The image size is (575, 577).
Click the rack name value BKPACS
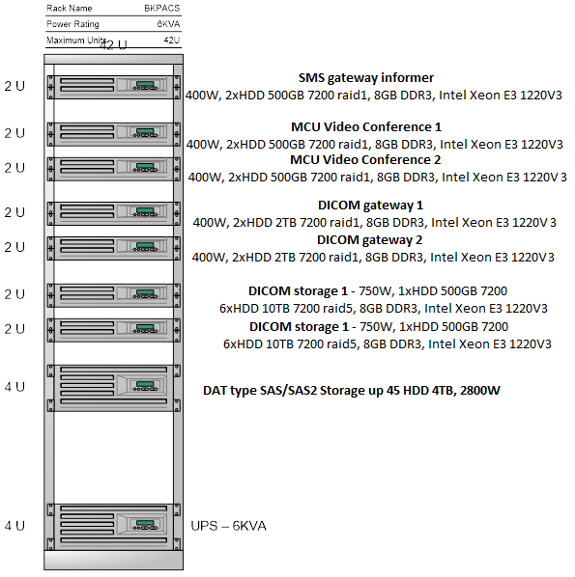pos(161,8)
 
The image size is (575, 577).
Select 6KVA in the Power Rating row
pos(168,24)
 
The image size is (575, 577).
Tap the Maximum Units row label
pos(76,40)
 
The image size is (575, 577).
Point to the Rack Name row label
pos(70,8)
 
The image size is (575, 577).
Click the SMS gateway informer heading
pos(366,78)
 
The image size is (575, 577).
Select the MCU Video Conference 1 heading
pos(366,127)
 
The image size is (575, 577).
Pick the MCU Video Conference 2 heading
pos(365,160)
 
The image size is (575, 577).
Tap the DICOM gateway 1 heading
pos(370,206)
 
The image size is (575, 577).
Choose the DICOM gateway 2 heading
pos(370,240)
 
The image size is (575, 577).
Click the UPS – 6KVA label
pos(228,526)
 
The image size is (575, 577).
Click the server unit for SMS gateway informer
pos(113,87)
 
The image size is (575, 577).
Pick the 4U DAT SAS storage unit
pos(113,388)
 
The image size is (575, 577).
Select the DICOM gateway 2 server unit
pos(113,248)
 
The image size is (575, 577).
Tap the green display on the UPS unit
pos(145,523)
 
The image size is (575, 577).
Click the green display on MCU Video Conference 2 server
pos(145,166)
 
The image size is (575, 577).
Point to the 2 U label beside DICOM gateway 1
pos(14,212)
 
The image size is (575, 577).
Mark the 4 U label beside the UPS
pos(14,526)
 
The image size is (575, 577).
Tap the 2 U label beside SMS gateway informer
pos(14,86)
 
